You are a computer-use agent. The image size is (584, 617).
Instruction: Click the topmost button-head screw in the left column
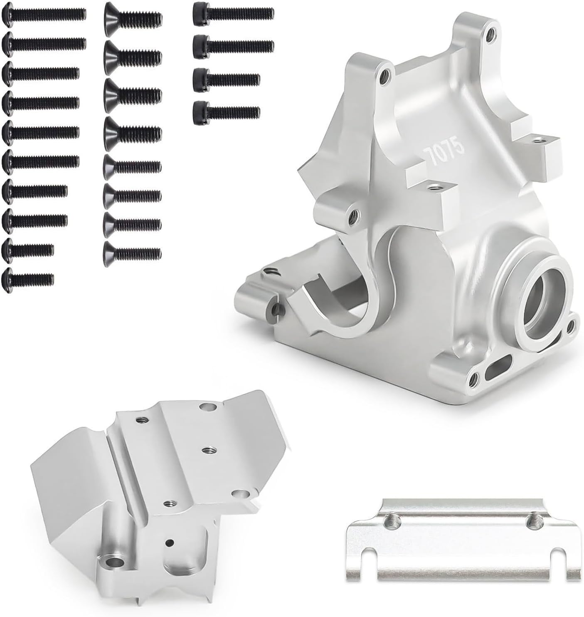(44, 14)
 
